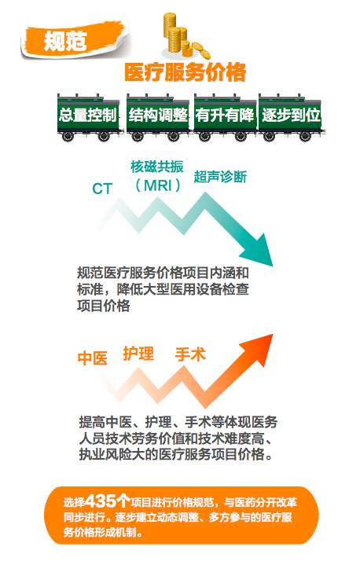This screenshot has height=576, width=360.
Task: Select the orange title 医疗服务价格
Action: tap(186, 72)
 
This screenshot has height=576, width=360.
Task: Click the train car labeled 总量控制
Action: tap(88, 118)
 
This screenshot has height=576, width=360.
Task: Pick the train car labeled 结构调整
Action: tap(158, 118)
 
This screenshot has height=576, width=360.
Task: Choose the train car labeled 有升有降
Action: tap(225, 118)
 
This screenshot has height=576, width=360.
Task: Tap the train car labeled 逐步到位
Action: tap(291, 118)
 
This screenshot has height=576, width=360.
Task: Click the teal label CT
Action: tap(101, 189)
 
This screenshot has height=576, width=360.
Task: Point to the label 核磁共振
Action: tap(157, 167)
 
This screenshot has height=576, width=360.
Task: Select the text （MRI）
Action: tap(157, 185)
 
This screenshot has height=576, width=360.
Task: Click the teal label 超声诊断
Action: tap(220, 177)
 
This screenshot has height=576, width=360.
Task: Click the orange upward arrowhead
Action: tap(258, 350)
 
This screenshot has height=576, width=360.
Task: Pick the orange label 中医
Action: tap(93, 358)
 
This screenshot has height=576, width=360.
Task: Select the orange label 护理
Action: tap(138, 354)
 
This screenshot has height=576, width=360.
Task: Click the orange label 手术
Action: tap(190, 354)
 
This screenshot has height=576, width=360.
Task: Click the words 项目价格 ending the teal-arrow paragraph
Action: tap(104, 306)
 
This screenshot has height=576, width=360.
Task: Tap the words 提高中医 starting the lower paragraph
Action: tap(105, 422)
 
